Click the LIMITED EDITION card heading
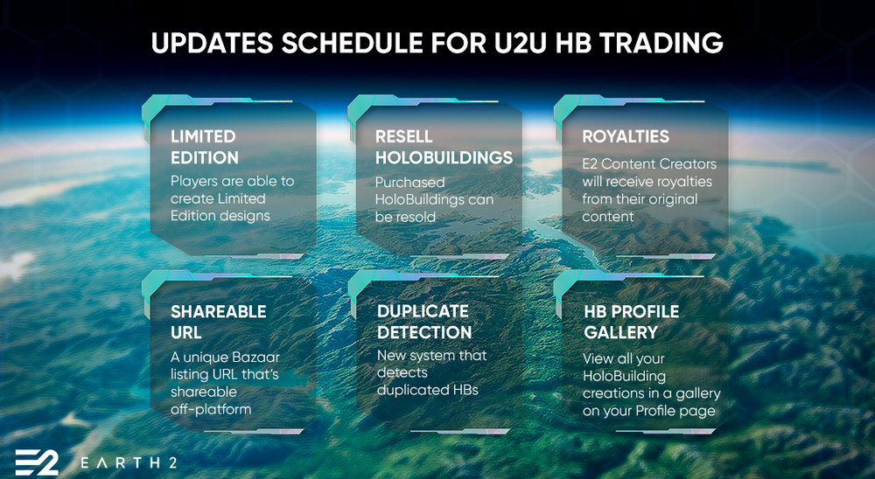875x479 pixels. click(205, 147)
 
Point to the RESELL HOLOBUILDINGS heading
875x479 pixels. click(444, 147)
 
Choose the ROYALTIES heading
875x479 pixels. click(626, 136)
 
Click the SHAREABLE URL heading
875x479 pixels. click(218, 322)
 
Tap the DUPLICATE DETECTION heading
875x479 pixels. click(424, 322)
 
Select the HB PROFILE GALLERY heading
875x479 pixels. click(631, 322)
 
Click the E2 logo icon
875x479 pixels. click(37, 462)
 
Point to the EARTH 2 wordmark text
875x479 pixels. click(129, 462)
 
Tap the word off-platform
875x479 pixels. click(211, 409)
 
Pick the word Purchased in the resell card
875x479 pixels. click(410, 183)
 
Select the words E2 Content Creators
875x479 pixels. click(649, 164)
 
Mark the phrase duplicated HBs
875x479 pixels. click(428, 390)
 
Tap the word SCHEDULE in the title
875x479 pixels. click(384, 43)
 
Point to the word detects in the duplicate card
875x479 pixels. click(402, 372)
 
